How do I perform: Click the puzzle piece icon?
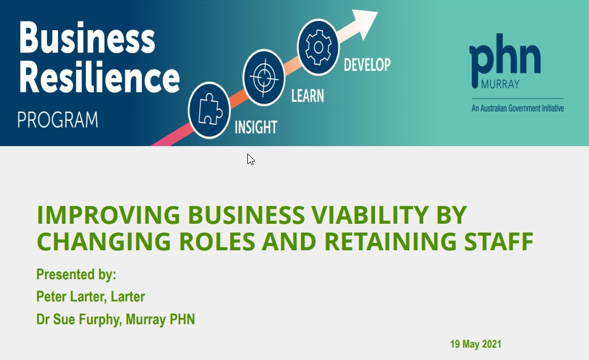pyautogui.click(x=209, y=110)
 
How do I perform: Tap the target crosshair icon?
pyautogui.click(x=264, y=78)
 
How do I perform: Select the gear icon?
pyautogui.click(x=318, y=47)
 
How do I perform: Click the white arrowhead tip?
pyautogui.click(x=377, y=12)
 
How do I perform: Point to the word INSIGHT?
pyautogui.click(x=256, y=127)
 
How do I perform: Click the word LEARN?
pyautogui.click(x=308, y=96)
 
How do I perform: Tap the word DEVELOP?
pyautogui.click(x=368, y=65)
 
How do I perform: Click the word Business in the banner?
pyautogui.click(x=87, y=38)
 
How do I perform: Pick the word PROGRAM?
pyautogui.click(x=58, y=120)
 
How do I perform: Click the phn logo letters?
pyautogui.click(x=505, y=58)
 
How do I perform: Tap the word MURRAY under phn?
pyautogui.click(x=500, y=84)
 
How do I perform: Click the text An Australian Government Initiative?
pyautogui.click(x=517, y=108)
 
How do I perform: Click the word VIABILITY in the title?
pyautogui.click(x=370, y=215)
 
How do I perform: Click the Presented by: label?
pyautogui.click(x=76, y=274)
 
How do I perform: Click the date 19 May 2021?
pyautogui.click(x=476, y=344)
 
